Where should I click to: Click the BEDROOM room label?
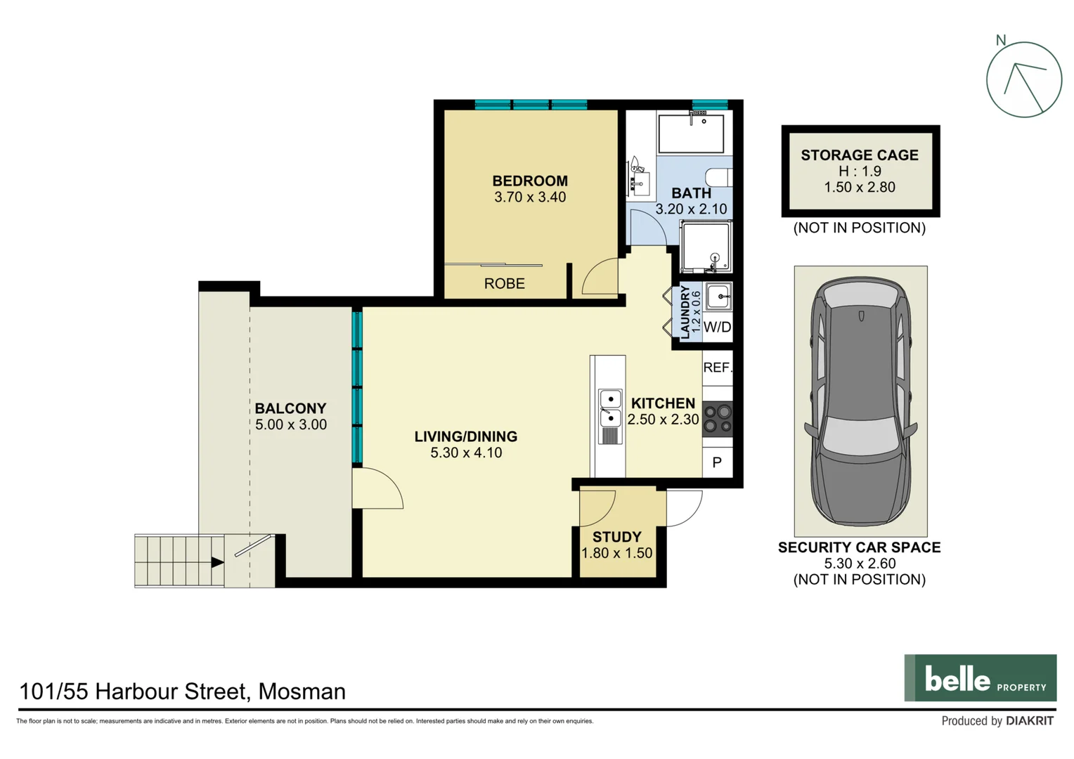coord(529,181)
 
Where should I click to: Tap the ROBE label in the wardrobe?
coord(504,283)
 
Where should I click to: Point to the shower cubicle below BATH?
coord(706,247)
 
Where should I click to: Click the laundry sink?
coord(718,297)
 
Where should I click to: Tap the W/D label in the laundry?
coord(717,327)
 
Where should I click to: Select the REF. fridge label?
coord(717,368)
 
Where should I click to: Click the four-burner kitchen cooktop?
coord(718,419)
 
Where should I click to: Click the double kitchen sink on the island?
coord(610,408)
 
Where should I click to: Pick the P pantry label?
coord(717,462)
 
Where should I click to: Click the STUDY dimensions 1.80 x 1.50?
coord(616,554)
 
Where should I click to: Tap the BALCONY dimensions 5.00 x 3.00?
coord(290,425)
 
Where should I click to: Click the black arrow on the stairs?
coord(217,562)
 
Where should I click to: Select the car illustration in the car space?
coord(860,401)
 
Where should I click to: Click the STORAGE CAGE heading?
coord(860,155)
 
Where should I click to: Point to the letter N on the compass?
coord(1001,41)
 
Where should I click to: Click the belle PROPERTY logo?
coord(980,678)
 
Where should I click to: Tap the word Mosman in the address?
coord(302,692)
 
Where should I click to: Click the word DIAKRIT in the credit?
coord(1029,721)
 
